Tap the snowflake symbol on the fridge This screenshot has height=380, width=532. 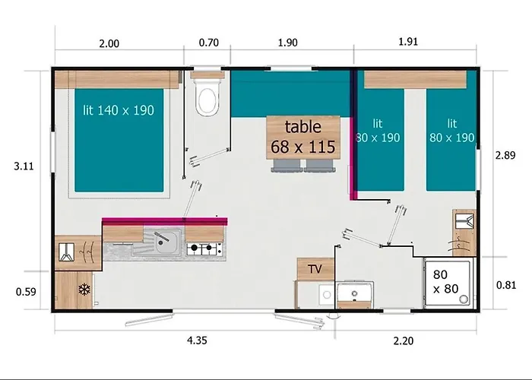pyautogui.click(x=84, y=290)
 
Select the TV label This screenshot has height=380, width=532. pyautogui.click(x=315, y=269)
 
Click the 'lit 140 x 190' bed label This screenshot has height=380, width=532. pyautogui.click(x=119, y=110)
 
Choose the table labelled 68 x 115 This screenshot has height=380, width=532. pyautogui.click(x=303, y=137)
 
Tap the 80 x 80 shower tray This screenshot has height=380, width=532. pyautogui.click(x=448, y=283)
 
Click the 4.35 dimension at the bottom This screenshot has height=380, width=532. pyautogui.click(x=197, y=340)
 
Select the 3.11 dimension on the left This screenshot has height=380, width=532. pyautogui.click(x=24, y=166)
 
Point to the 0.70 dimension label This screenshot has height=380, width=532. pyautogui.click(x=209, y=43)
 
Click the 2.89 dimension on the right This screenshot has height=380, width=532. pyautogui.click(x=505, y=155)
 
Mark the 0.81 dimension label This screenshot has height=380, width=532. pyautogui.click(x=506, y=285)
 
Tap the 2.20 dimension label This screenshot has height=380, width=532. pyautogui.click(x=404, y=340)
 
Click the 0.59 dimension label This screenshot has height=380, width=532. pyautogui.click(x=26, y=292)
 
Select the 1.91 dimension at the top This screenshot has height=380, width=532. pyautogui.click(x=408, y=42)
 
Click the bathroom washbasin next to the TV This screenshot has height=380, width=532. pyautogui.click(x=355, y=293)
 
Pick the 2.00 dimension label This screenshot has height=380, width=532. pyautogui.click(x=109, y=44)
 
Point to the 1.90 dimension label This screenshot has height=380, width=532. pyautogui.click(x=288, y=43)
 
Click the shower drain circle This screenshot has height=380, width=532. pyautogui.click(x=463, y=299)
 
